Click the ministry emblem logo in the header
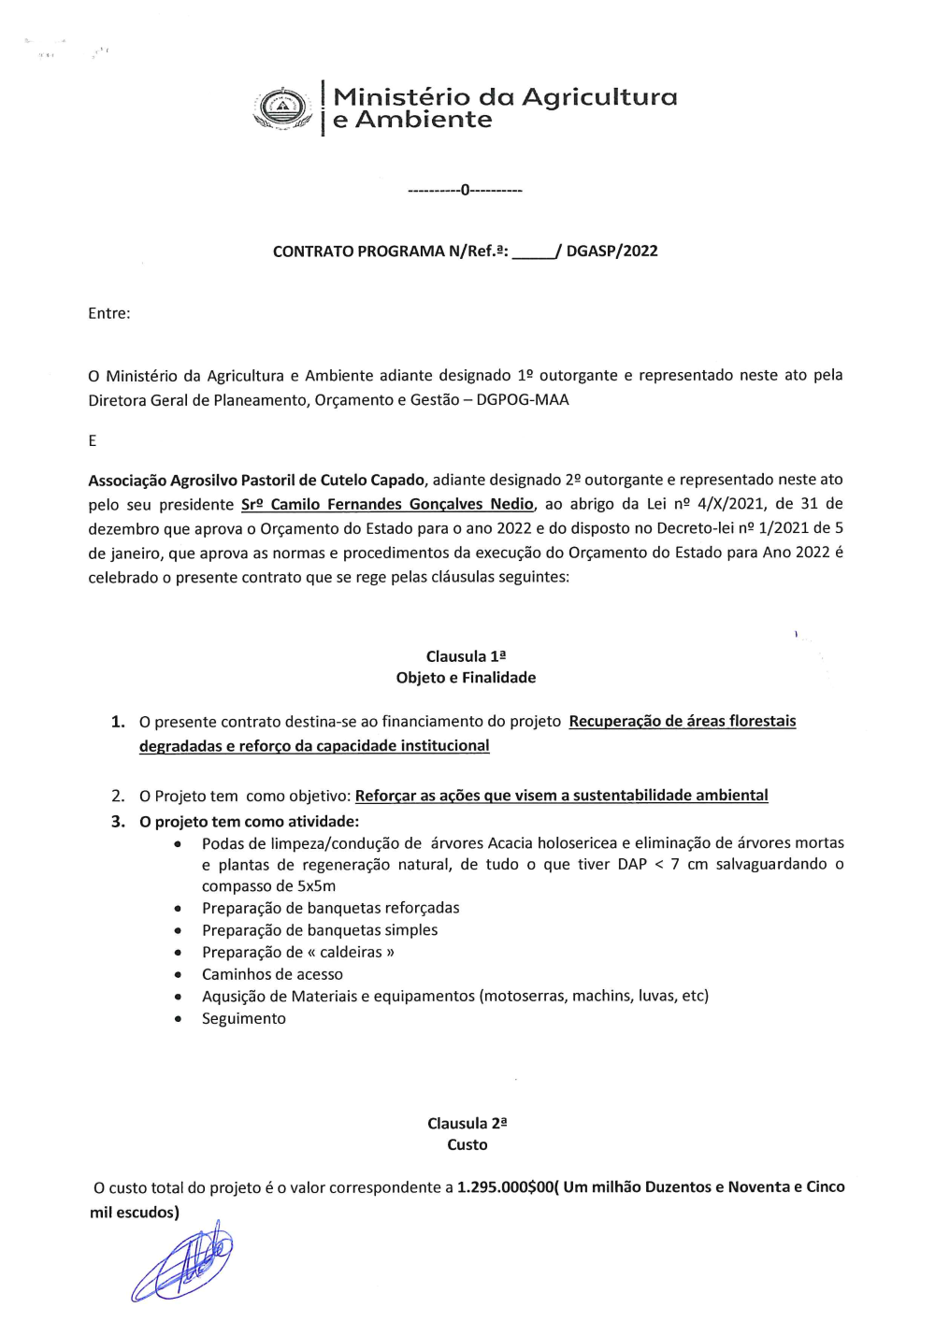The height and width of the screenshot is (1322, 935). (x=282, y=109)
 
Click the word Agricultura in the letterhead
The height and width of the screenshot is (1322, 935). (x=598, y=97)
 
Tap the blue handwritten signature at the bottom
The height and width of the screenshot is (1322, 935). (x=184, y=1263)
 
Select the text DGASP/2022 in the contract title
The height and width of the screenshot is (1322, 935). (x=611, y=251)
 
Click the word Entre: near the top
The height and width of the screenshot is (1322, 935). (x=109, y=313)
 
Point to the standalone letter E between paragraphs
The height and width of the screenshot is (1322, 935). (x=93, y=440)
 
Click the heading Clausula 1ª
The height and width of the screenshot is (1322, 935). (x=466, y=656)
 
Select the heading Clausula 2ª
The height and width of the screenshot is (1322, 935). (x=467, y=1123)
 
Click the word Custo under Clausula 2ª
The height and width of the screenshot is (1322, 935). (x=467, y=1144)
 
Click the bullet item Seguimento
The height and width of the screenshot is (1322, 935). (x=244, y=1018)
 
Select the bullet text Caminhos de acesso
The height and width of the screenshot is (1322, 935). (x=272, y=974)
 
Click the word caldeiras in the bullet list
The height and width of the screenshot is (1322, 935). (x=352, y=952)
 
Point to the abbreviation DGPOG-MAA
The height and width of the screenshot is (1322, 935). (x=523, y=400)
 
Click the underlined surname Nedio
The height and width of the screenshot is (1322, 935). (x=511, y=504)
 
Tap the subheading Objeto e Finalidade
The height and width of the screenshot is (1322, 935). (x=466, y=678)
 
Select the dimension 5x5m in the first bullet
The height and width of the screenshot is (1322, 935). (x=316, y=886)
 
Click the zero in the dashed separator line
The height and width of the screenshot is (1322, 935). (x=466, y=190)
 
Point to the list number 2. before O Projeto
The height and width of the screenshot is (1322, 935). (x=118, y=796)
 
